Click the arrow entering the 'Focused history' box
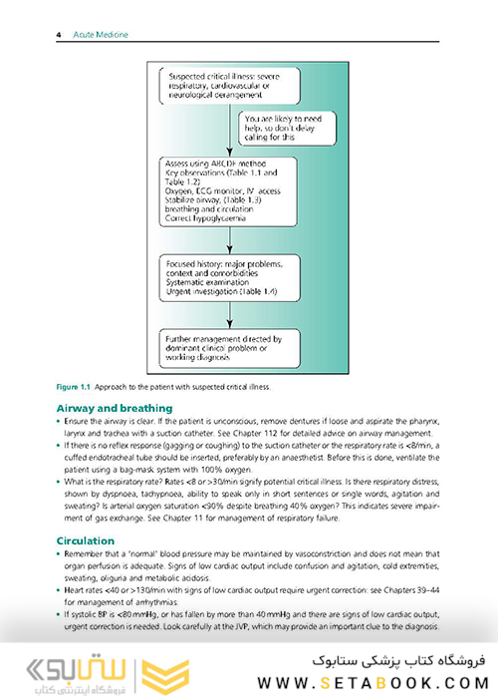230,249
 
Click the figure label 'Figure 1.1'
69,386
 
